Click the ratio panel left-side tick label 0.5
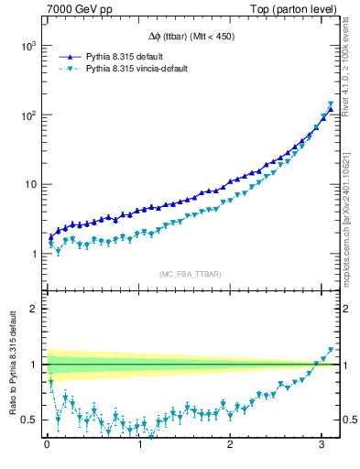pos(28,420)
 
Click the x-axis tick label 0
pos(47,445)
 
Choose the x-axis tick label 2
pos(233,445)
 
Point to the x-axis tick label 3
pos(325,445)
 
